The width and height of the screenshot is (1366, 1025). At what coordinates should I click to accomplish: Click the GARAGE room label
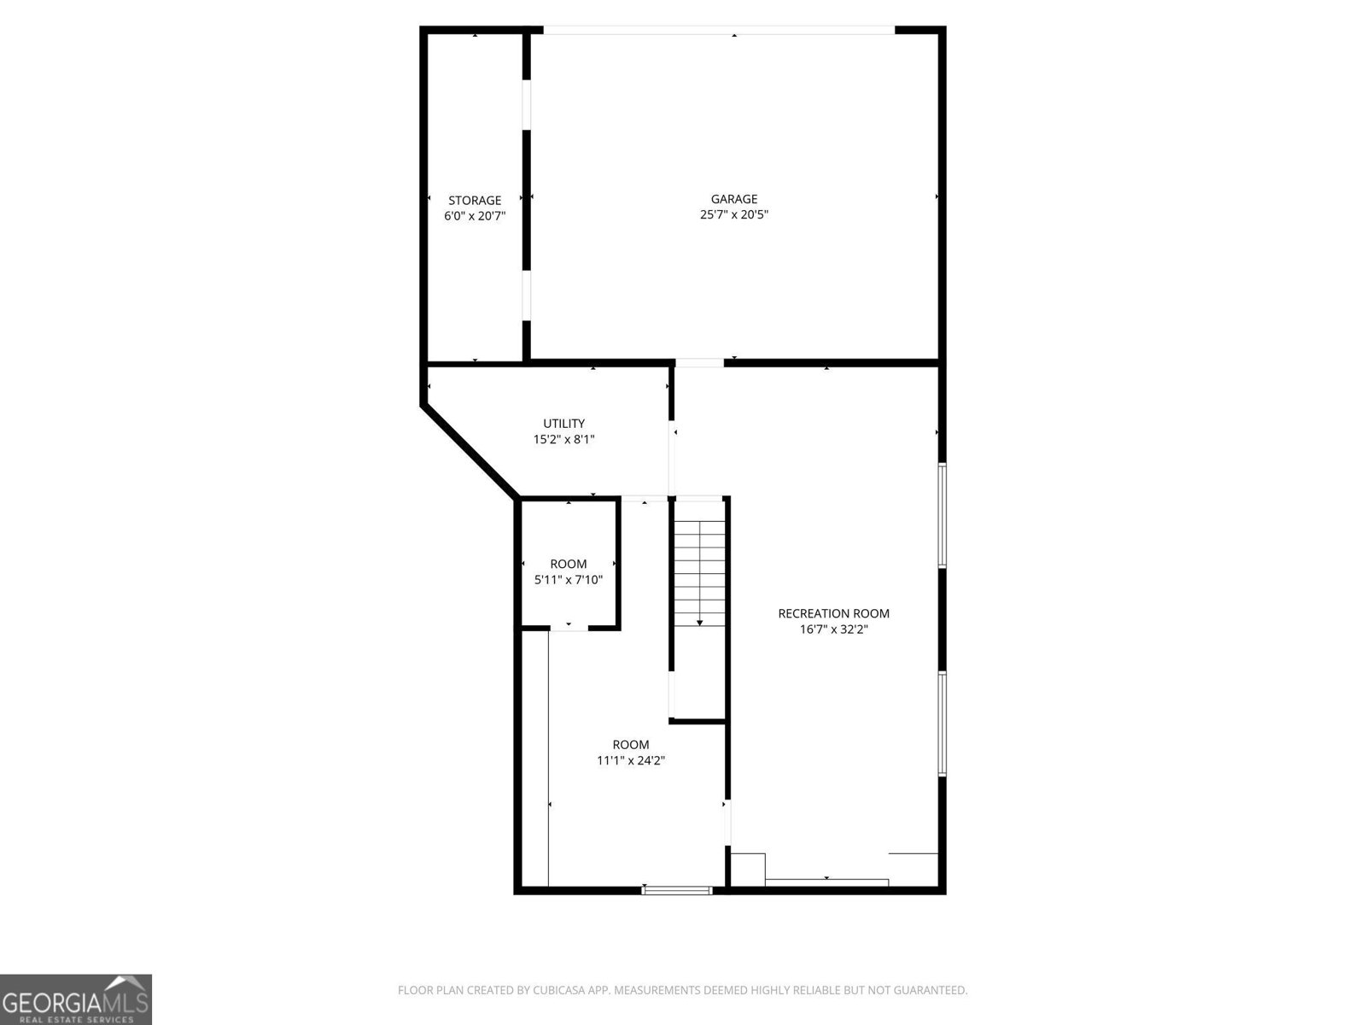(733, 199)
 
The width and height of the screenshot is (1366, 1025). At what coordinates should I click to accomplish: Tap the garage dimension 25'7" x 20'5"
(733, 215)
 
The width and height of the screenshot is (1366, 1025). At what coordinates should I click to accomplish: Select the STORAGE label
(475, 201)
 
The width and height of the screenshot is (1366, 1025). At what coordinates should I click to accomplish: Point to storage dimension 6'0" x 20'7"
(475, 217)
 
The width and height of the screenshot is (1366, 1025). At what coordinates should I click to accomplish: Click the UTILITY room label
(563, 424)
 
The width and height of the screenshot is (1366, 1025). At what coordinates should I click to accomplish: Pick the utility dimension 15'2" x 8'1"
(563, 440)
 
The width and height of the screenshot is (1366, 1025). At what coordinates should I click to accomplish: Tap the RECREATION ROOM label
(833, 613)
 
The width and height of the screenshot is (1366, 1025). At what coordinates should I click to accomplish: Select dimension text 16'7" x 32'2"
(833, 630)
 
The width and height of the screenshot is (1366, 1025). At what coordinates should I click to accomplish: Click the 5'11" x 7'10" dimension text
(568, 580)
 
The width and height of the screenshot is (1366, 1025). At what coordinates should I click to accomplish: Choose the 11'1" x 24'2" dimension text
(630, 760)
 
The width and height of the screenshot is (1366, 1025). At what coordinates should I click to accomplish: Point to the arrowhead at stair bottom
(700, 623)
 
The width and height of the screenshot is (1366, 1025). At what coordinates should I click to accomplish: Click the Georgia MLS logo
(76, 999)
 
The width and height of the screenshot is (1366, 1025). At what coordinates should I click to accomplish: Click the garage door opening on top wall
(719, 31)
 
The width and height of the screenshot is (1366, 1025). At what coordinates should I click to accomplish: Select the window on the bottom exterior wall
(677, 890)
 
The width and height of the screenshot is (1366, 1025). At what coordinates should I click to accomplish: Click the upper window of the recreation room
(943, 515)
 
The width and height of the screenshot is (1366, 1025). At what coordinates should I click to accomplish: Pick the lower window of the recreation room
(943, 723)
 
